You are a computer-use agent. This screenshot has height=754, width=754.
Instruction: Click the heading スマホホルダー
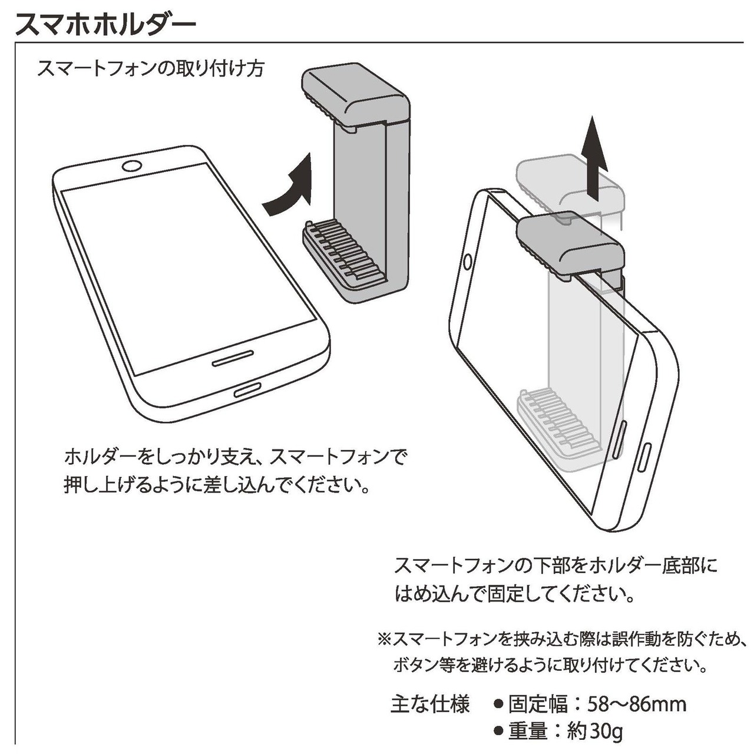point(105,25)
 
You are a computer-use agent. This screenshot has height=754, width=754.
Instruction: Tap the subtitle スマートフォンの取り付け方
point(151,69)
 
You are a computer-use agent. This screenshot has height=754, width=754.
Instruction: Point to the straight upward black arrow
point(594,158)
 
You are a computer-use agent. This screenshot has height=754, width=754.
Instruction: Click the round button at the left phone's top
point(131,166)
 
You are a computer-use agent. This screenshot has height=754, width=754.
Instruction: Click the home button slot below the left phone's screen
point(233,358)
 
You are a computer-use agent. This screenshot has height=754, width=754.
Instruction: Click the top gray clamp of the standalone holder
point(355,97)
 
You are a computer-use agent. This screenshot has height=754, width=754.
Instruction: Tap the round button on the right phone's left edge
point(467,262)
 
